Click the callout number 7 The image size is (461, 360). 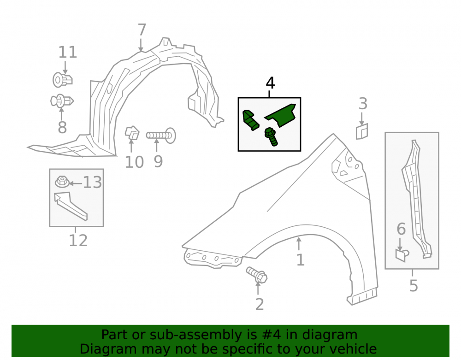(x=142, y=30)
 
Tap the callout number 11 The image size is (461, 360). (x=68, y=53)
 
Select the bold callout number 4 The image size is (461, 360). (x=270, y=83)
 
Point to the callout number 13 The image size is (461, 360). (x=92, y=183)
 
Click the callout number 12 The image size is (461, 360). (x=78, y=241)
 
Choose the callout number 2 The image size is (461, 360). (x=259, y=304)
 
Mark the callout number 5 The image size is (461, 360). (x=414, y=286)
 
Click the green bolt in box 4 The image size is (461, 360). (x=271, y=136)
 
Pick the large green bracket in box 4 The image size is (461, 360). (x=281, y=115)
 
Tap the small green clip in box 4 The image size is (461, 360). (x=250, y=120)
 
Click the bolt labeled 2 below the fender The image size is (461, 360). (x=257, y=275)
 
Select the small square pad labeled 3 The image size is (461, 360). (x=361, y=131)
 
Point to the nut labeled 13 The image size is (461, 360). (x=62, y=182)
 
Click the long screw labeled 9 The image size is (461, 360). (x=161, y=136)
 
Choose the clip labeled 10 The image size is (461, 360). (x=132, y=133)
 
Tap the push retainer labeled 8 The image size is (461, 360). (x=62, y=101)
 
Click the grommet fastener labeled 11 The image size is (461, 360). (x=62, y=80)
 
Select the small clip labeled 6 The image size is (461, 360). (x=402, y=255)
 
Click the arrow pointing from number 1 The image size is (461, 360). (x=299, y=244)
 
